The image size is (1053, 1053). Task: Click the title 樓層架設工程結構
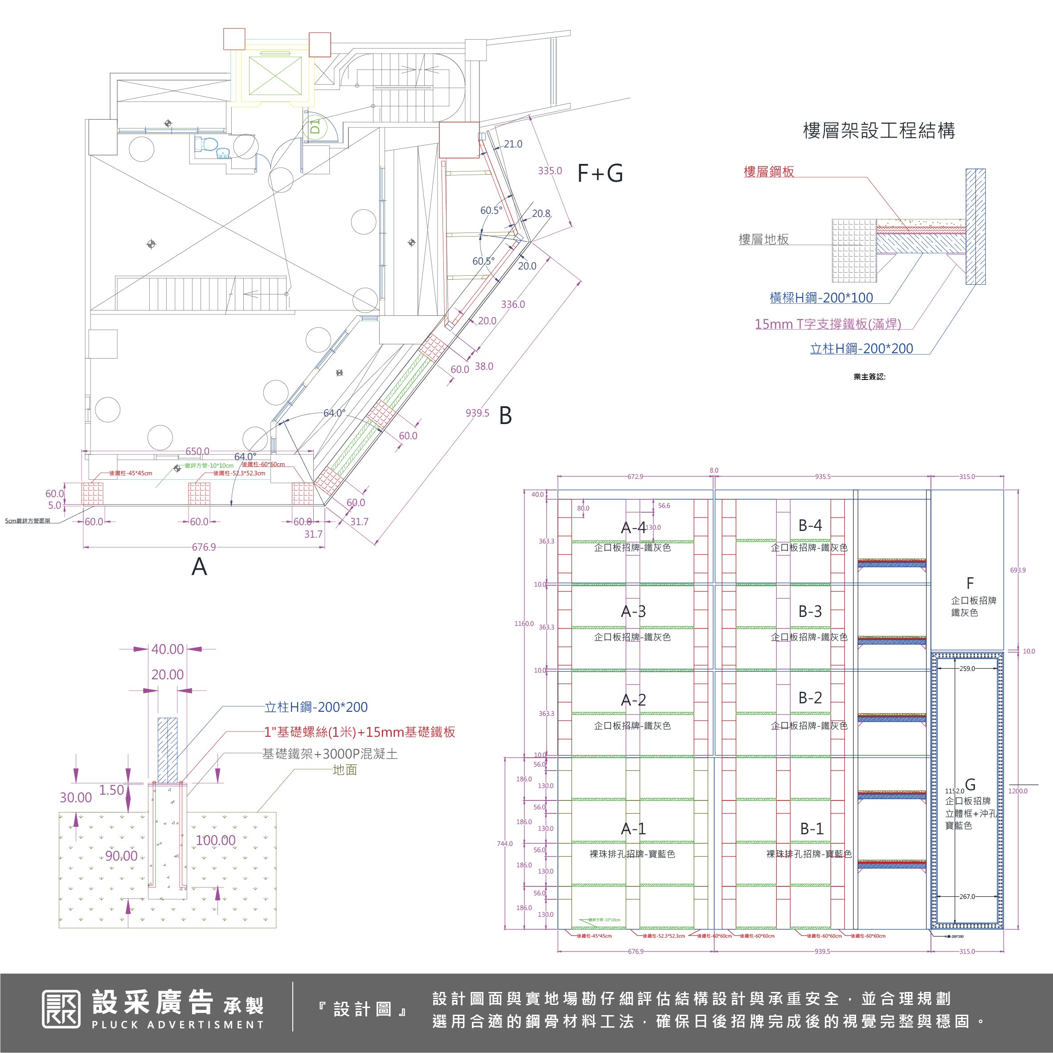[878, 131]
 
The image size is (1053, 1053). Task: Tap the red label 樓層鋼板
[768, 171]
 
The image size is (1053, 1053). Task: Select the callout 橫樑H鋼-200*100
[821, 298]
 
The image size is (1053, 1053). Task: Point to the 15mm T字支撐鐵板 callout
[827, 324]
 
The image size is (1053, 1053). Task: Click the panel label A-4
[633, 527]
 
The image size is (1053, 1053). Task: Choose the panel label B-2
[810, 698]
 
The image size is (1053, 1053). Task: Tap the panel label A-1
[633, 829]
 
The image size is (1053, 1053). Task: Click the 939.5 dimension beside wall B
[477, 413]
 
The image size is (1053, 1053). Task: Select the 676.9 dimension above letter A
[203, 547]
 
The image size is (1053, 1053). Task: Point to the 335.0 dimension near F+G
[550, 171]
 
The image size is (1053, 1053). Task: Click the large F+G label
[600, 173]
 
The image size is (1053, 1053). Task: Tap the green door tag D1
[315, 127]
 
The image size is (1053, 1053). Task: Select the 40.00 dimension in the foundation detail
[168, 649]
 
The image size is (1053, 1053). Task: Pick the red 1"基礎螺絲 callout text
[359, 732]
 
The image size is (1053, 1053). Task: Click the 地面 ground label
[344, 770]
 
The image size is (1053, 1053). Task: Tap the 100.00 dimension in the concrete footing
[215, 840]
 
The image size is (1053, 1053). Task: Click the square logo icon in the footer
[61, 1009]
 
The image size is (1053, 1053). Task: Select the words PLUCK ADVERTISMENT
[178, 1024]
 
